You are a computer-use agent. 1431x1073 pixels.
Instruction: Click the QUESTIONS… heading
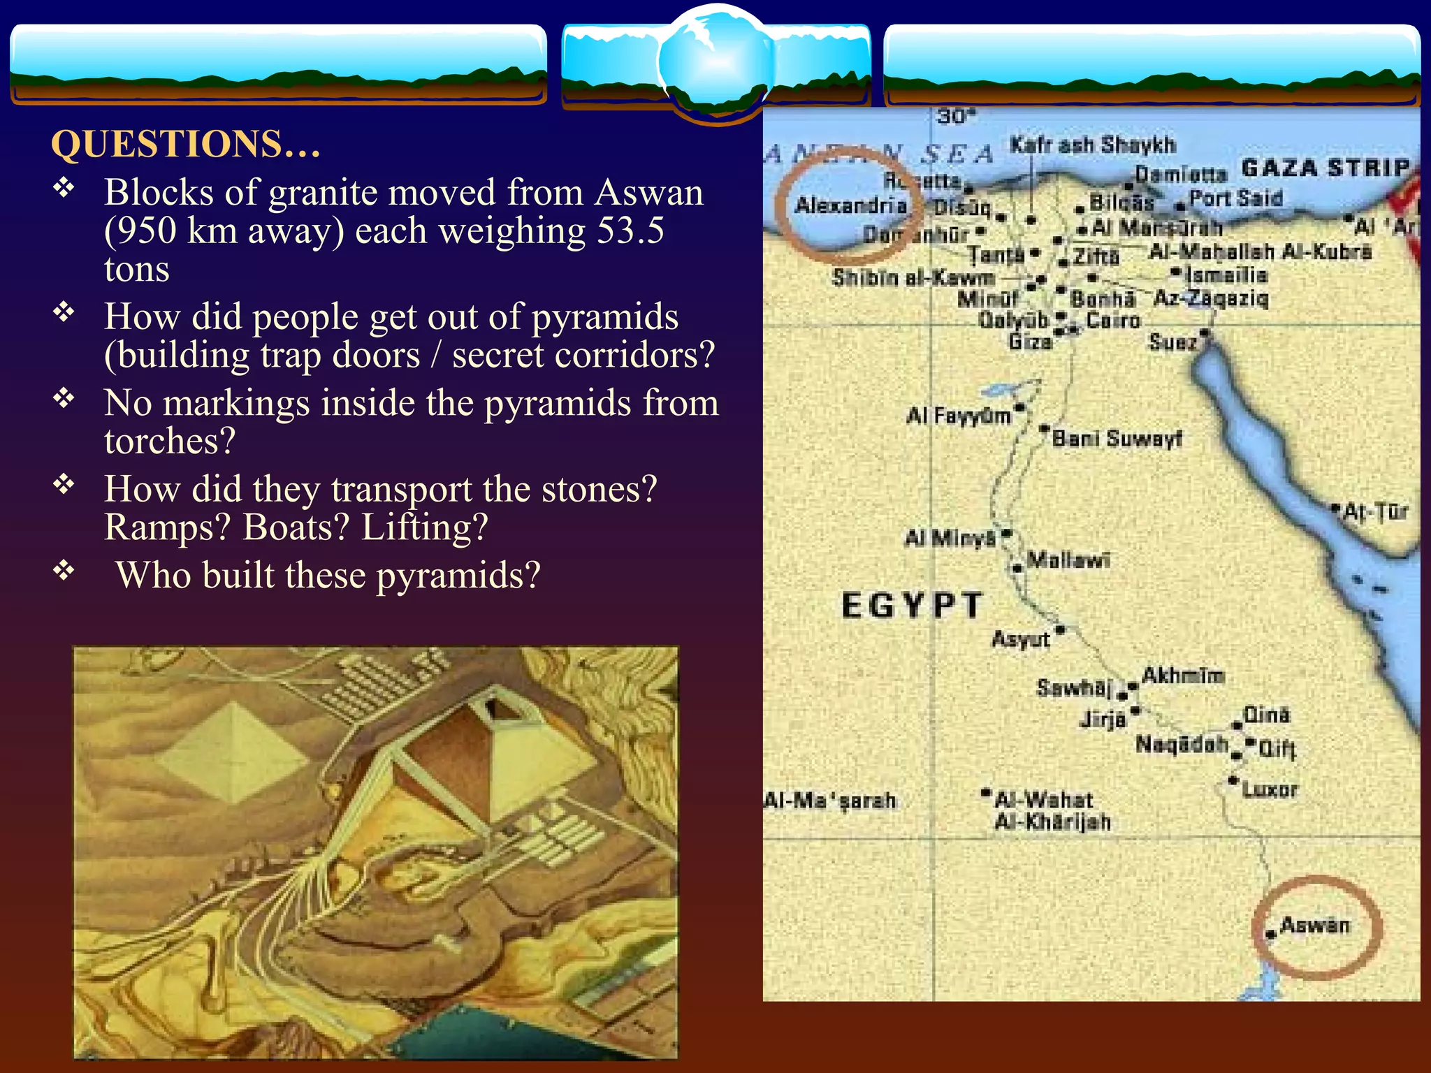tap(186, 145)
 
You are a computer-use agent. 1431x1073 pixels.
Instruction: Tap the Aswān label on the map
tap(1314, 926)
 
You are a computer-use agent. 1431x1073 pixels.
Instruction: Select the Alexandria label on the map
tap(850, 205)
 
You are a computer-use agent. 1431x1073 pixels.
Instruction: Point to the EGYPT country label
tap(912, 605)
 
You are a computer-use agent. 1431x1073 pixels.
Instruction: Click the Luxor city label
tap(1270, 790)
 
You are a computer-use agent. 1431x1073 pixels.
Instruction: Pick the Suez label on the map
tap(1172, 342)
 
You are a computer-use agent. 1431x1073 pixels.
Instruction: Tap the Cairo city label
tap(1113, 321)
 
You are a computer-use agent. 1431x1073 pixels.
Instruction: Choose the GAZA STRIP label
tap(1325, 168)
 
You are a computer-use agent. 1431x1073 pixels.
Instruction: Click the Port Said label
tap(1235, 198)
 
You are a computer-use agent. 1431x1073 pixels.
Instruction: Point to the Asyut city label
tap(1021, 639)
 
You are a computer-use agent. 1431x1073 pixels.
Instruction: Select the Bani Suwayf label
tap(1117, 439)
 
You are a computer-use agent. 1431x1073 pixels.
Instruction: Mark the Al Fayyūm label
tap(959, 416)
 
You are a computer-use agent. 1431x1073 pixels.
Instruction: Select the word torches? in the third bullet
tap(170, 441)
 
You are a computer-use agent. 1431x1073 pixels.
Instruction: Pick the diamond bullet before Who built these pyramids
tap(64, 571)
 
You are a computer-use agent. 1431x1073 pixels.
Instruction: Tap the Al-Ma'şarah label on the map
tap(829, 801)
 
